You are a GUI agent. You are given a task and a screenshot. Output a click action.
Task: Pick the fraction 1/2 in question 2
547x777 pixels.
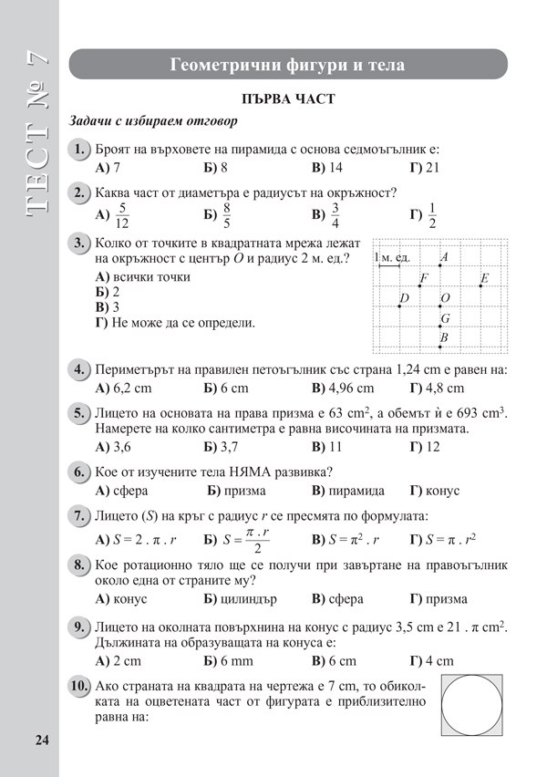(x=432, y=215)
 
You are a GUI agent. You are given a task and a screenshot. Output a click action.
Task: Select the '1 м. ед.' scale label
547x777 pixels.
(x=392, y=259)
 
